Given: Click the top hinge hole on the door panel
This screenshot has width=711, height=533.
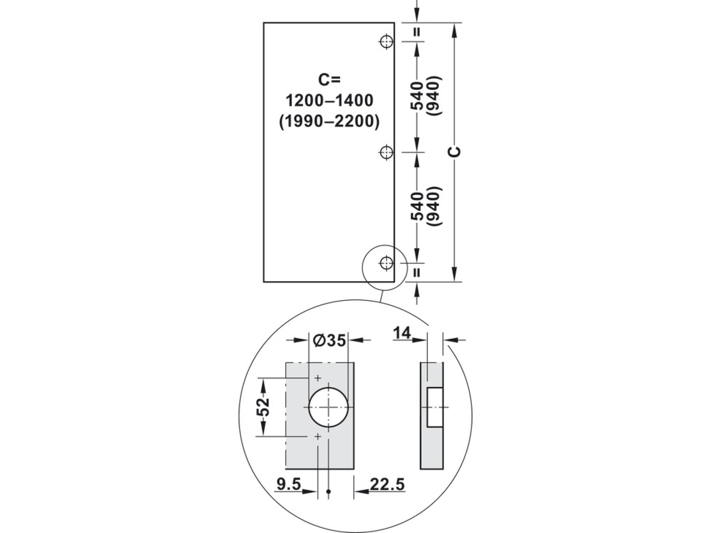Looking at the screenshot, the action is [386, 41].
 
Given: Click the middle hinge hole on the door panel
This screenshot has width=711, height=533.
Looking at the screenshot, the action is [386, 152].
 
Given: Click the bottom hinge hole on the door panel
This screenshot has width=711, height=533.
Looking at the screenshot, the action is [386, 263].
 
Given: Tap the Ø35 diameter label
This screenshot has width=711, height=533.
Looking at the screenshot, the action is [329, 340].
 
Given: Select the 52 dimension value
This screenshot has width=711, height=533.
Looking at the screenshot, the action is [263, 407].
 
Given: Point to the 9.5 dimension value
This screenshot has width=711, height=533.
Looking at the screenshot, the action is [289, 484].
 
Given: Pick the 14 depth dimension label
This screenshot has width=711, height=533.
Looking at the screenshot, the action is [402, 334].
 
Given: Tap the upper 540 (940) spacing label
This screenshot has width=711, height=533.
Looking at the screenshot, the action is [426, 96].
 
